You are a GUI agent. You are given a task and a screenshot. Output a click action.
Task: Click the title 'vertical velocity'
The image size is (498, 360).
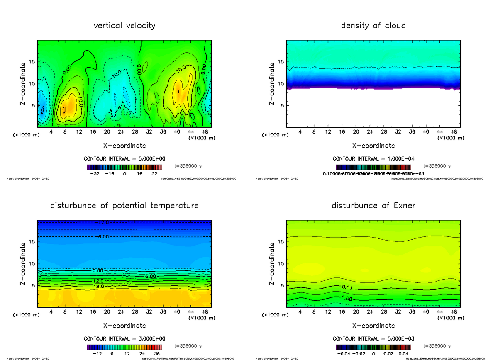(x=124, y=26)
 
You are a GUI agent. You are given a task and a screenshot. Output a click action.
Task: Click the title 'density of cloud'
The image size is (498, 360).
(x=373, y=26)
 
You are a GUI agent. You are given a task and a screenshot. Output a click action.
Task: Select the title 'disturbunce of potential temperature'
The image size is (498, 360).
(x=124, y=206)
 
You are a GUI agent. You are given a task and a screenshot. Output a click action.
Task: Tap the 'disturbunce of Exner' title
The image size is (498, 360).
(x=373, y=206)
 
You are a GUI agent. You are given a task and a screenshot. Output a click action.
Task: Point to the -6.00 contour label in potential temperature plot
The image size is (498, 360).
(x=103, y=236)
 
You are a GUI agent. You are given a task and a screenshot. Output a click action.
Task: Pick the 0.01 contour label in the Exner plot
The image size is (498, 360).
(x=347, y=287)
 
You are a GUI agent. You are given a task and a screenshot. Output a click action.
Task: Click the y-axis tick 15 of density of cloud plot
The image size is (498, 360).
(x=280, y=62)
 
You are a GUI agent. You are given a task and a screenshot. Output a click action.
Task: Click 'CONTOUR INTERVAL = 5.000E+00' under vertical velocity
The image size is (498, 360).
(x=124, y=159)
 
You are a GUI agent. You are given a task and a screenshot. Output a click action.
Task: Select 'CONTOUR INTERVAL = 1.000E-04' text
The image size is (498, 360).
(x=373, y=159)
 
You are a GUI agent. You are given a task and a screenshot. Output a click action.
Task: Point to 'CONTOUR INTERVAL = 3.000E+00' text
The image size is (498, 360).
(x=124, y=339)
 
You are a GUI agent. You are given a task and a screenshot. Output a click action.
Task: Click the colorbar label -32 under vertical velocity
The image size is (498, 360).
(x=96, y=174)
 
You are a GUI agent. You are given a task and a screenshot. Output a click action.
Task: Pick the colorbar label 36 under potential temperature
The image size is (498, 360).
(x=157, y=354)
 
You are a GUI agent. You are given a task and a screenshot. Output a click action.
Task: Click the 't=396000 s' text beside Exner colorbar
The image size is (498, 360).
(x=437, y=346)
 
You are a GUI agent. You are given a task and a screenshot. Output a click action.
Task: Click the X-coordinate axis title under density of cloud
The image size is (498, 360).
(x=373, y=146)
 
